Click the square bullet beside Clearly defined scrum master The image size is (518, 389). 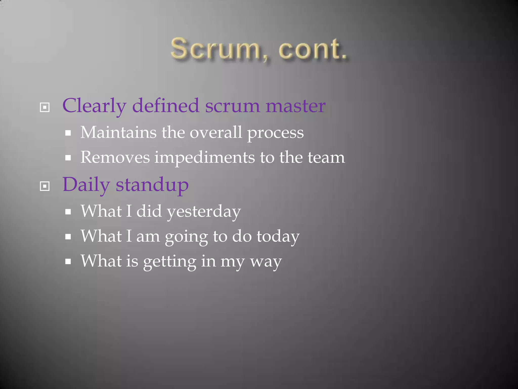pos(45,107)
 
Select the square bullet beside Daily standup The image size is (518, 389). pos(45,186)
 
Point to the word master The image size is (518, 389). pos(295,106)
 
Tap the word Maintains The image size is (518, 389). pos(118,132)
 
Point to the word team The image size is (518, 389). pos(326,158)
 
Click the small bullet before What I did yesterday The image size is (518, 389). pos(68,212)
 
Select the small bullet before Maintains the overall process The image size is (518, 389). pos(68,133)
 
